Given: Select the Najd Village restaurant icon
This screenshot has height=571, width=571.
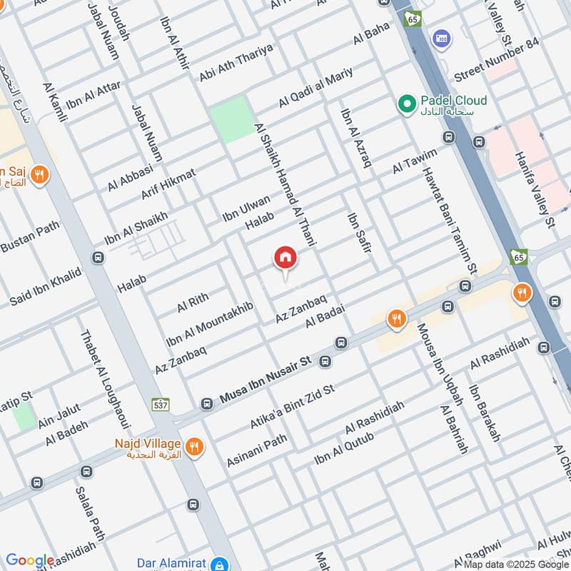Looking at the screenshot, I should click(x=193, y=448).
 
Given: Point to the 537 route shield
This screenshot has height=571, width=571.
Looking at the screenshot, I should click(x=161, y=405).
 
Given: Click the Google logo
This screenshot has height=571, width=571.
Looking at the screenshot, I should click(x=30, y=560).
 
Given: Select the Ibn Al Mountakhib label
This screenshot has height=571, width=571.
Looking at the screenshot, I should click(x=209, y=324).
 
